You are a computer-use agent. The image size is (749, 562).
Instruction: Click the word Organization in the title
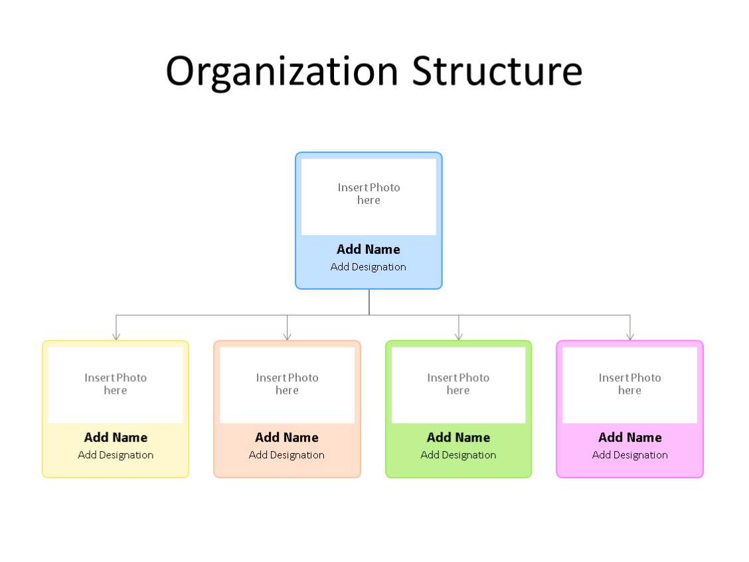click(282, 70)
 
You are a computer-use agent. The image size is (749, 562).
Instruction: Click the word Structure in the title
click(497, 70)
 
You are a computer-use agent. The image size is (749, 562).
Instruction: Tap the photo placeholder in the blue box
click(369, 197)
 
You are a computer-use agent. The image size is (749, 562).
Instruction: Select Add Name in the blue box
click(369, 249)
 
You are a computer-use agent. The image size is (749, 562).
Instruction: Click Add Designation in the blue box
click(369, 267)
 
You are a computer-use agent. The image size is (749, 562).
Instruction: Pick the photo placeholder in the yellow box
click(116, 385)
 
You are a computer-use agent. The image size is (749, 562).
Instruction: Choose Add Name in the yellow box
click(116, 437)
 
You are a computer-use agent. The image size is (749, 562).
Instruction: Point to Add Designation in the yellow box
click(116, 455)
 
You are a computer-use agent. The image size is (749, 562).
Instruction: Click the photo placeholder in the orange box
click(287, 385)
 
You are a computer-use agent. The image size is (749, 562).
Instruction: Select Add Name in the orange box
click(287, 437)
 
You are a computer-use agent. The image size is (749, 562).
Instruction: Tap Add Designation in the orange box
click(287, 455)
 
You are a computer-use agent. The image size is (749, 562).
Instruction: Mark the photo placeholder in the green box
click(458, 385)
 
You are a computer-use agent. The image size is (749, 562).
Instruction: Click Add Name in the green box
click(458, 437)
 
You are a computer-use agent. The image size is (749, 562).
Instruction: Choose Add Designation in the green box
click(458, 455)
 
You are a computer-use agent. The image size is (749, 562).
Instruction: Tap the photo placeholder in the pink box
click(629, 385)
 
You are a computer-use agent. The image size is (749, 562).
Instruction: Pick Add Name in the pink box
click(629, 437)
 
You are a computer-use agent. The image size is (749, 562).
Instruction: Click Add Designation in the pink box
click(629, 455)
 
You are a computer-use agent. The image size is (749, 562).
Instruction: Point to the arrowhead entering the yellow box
click(116, 337)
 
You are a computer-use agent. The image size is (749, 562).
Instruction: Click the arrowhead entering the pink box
click(629, 337)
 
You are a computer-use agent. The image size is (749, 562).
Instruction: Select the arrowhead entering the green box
click(458, 337)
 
